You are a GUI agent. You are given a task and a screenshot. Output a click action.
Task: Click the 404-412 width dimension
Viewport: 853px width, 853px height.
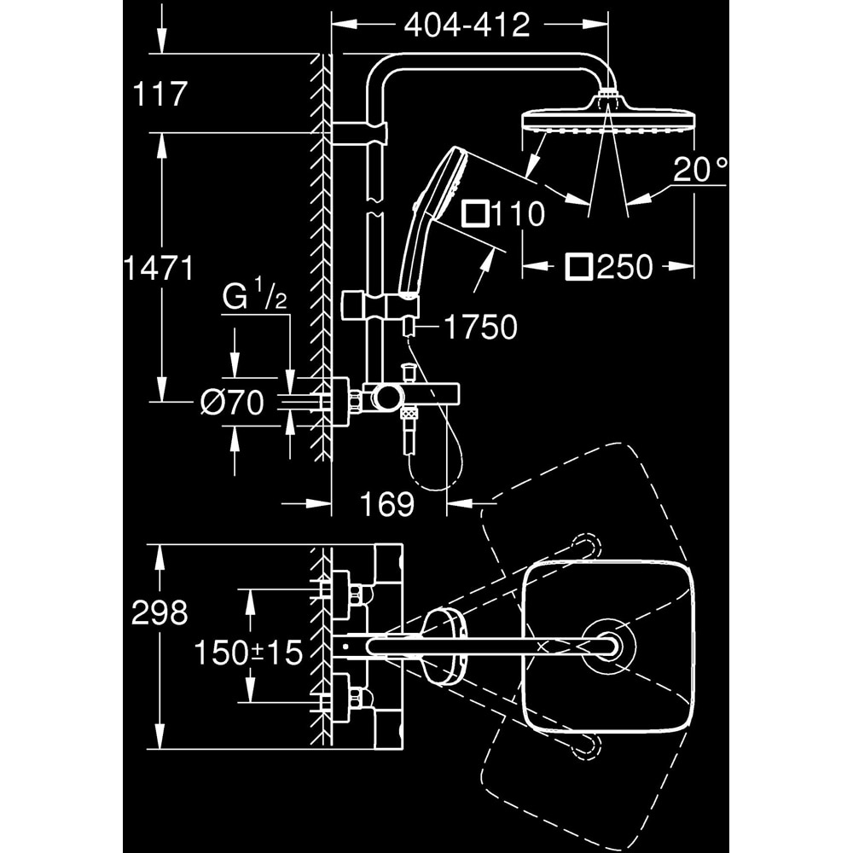(467, 26)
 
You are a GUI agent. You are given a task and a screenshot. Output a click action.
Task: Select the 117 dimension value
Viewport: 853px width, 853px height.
(160, 94)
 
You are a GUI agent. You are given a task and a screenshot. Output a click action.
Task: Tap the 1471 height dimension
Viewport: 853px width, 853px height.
(159, 269)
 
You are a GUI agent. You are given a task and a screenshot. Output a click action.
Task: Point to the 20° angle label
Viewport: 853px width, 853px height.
(699, 171)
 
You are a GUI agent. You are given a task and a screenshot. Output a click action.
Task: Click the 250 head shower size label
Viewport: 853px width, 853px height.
(624, 268)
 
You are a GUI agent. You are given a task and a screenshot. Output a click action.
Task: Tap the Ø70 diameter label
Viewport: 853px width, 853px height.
(232, 402)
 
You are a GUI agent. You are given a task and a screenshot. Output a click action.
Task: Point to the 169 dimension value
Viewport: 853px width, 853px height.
(386, 504)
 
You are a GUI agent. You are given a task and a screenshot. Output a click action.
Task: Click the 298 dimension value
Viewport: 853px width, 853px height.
(160, 612)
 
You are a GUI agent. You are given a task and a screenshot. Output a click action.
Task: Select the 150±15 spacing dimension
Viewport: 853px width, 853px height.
(248, 653)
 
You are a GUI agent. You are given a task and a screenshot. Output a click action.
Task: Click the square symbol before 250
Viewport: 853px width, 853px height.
(578, 268)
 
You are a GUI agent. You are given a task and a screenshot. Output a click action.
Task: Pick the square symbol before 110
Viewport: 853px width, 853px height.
(475, 214)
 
